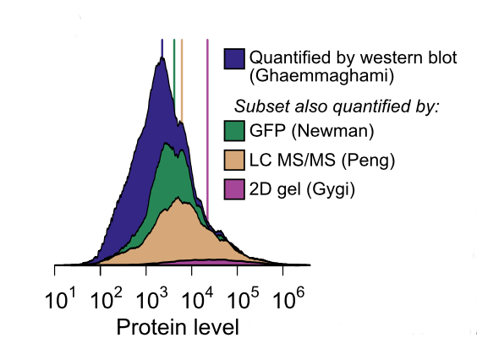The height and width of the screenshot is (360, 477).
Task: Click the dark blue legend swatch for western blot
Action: coord(234,58)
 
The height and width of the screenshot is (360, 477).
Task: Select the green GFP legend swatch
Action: coord(234,131)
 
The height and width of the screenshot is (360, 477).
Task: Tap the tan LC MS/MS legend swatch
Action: coord(234,160)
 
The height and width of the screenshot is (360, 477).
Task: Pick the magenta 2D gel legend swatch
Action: coord(234,189)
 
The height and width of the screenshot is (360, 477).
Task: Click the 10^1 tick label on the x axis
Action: coord(60,298)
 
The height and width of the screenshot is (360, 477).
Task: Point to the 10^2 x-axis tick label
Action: coord(107,298)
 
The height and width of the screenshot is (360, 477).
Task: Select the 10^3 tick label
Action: coord(151,298)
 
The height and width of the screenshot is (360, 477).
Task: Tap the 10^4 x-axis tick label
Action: coord(197,298)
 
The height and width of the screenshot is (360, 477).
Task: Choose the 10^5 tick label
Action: coord(244,298)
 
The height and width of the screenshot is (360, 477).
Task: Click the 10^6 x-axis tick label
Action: coord(288,298)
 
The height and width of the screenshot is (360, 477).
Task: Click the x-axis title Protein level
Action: coord(178,327)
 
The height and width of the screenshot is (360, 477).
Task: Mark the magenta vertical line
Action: coord(207,131)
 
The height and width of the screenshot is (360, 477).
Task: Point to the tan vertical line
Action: coord(182,80)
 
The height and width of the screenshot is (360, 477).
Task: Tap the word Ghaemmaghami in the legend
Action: coord(321,76)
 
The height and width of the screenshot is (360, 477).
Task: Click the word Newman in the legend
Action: coord(332,131)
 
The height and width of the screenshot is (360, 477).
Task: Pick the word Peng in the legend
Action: coord(368,160)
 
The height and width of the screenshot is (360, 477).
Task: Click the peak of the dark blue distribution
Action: coord(162,57)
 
